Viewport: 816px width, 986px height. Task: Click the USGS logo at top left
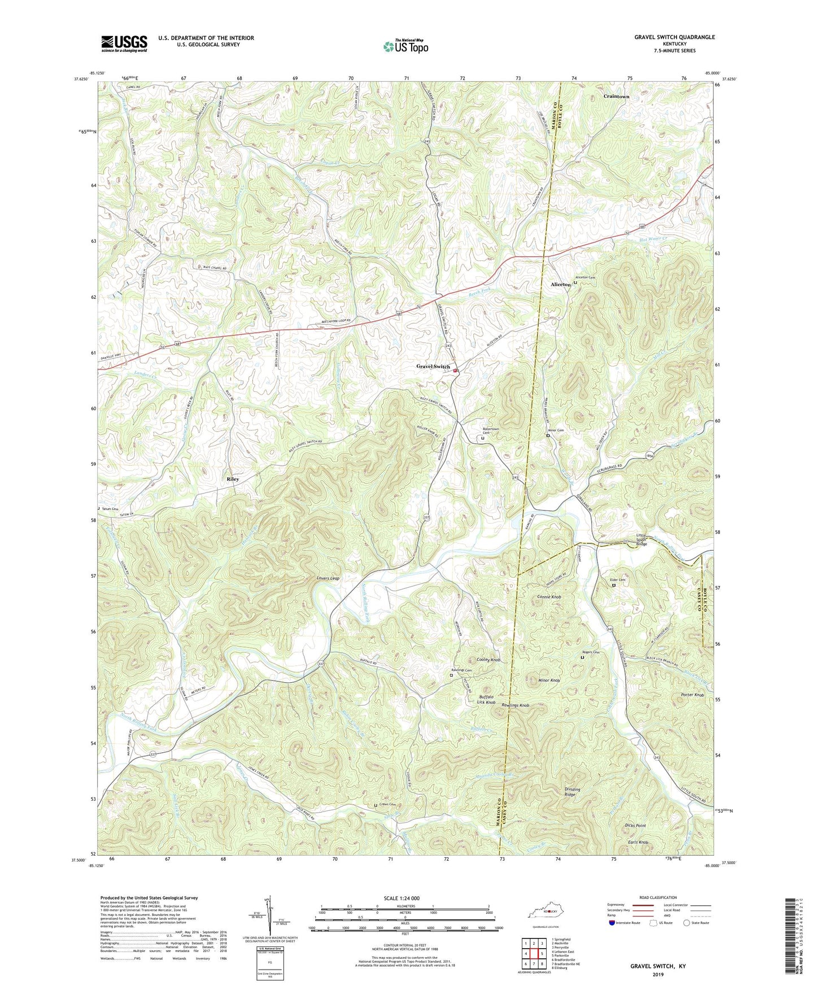tap(124, 43)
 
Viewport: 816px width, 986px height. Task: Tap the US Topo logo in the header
tap(405, 46)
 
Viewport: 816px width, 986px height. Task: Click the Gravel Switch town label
tap(433, 367)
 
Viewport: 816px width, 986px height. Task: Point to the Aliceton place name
tap(561, 285)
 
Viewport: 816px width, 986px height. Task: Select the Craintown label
tap(616, 97)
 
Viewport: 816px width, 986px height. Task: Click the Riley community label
tap(233, 479)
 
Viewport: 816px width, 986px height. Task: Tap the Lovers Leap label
tap(328, 578)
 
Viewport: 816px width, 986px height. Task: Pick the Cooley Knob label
tap(488, 660)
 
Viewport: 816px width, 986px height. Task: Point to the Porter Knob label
tap(692, 695)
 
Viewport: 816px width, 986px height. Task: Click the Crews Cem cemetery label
tap(390, 805)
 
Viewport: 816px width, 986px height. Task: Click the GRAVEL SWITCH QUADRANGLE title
tap(674, 37)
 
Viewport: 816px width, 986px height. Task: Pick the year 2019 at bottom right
tap(658, 974)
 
